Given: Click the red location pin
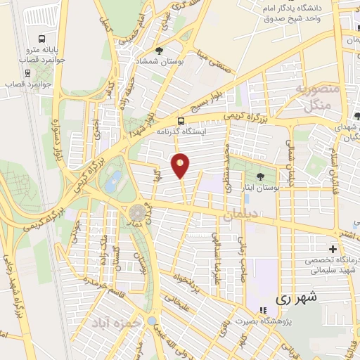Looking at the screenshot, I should pos(181,165).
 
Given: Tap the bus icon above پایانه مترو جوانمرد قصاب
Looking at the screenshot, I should pos(42,39).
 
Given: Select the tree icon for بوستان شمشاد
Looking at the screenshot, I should pos(160,51).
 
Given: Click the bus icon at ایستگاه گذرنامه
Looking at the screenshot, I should pos(181,120).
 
